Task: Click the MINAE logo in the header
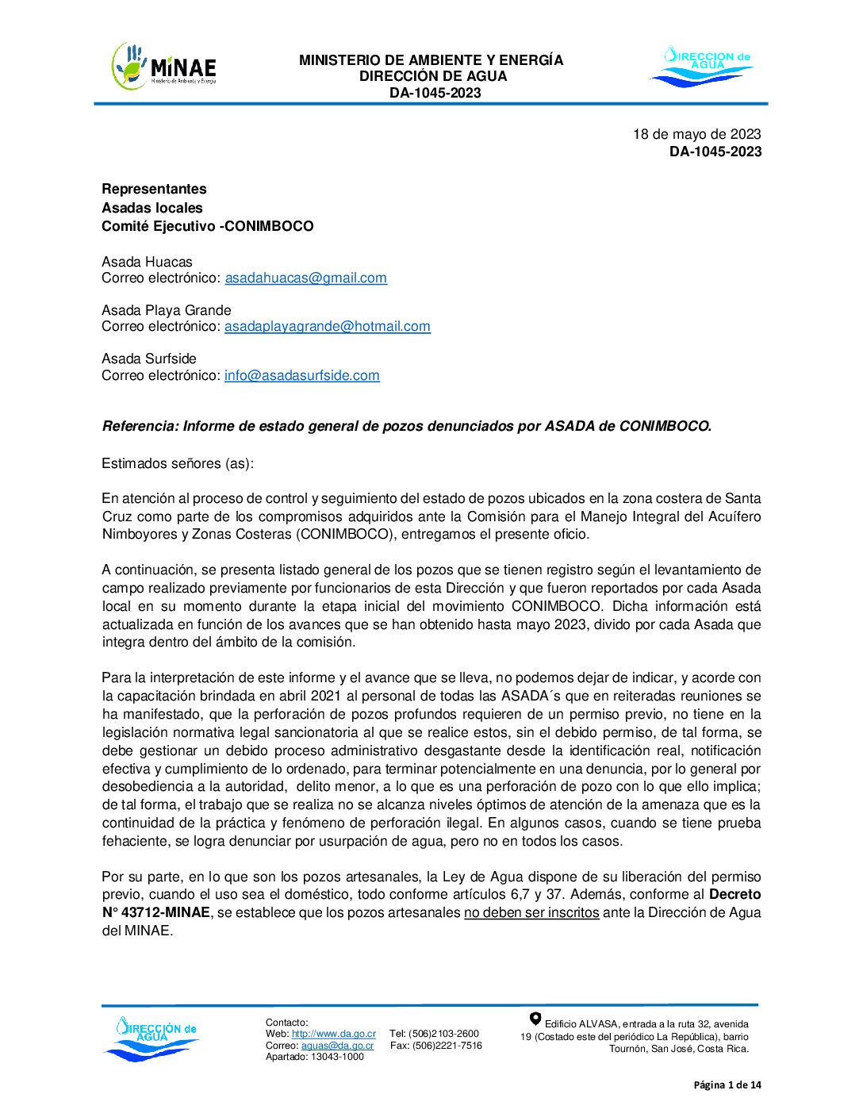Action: [164, 67]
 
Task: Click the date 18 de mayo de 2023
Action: [696, 134]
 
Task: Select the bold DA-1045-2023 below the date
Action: [715, 152]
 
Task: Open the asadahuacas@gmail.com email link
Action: [305, 278]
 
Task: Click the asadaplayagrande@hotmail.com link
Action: [327, 326]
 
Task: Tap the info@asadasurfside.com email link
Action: [301, 375]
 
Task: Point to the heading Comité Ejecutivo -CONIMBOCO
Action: [207, 226]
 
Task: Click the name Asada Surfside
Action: [149, 359]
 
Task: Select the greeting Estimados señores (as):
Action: [178, 463]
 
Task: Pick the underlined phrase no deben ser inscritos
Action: [531, 912]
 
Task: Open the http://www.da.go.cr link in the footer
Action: [333, 1034]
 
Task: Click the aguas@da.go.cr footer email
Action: [337, 1046]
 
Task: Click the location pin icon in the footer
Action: [535, 1019]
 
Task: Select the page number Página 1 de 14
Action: [727, 1085]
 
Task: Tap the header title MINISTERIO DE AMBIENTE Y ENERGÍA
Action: [431, 60]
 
